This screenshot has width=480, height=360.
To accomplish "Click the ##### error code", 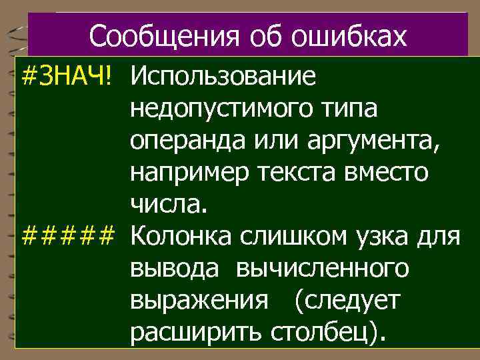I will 69,235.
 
